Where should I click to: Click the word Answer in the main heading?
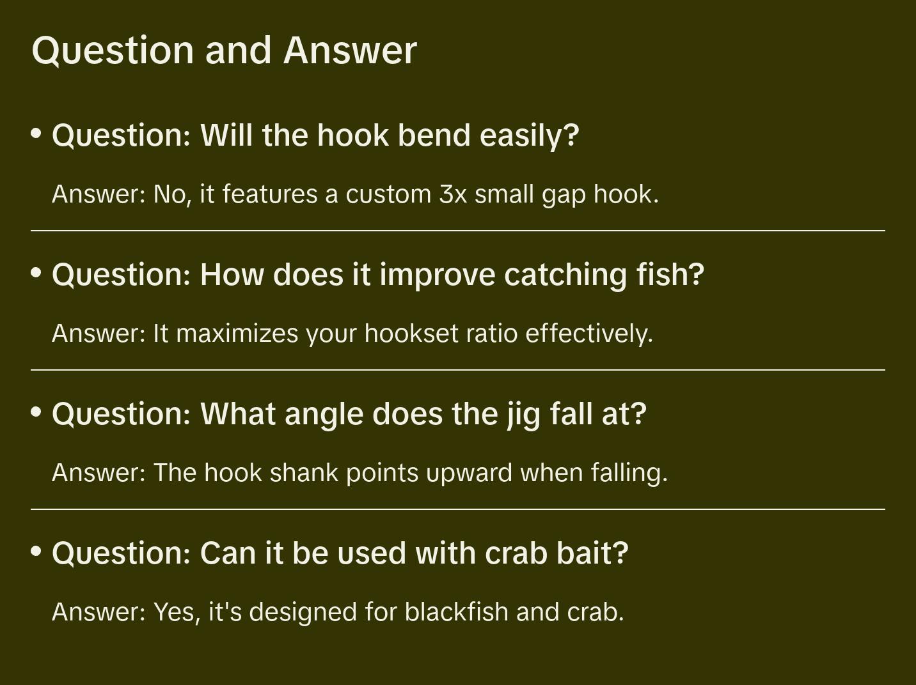(x=350, y=50)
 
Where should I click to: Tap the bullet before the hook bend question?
(x=36, y=134)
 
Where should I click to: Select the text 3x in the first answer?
(x=453, y=194)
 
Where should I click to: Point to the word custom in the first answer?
(x=388, y=194)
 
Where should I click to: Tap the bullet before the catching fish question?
(x=36, y=273)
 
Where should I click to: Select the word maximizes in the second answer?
(x=237, y=334)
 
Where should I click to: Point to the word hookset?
(x=411, y=334)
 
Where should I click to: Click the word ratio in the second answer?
(x=492, y=334)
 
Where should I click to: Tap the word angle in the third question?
(x=324, y=415)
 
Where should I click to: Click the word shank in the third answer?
(x=304, y=472)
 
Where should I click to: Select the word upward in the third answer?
(x=469, y=473)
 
